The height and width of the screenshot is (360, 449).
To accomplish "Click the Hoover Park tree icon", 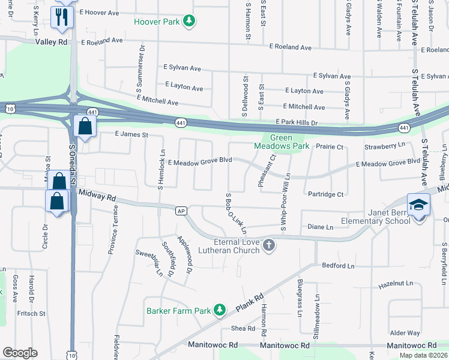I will pos(189,22).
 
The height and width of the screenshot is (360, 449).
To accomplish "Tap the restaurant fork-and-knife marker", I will pos(61,17).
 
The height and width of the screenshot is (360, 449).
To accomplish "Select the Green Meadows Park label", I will pos(282,142).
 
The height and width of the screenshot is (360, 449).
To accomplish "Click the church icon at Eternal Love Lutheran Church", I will pos(269,245).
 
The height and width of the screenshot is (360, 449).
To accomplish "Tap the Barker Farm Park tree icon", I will pos(220,309).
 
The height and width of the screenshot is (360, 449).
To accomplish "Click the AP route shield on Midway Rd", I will pos(180,211).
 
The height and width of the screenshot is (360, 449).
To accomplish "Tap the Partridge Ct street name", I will pos(324,194).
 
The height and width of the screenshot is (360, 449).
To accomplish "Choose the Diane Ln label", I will pos(320,227).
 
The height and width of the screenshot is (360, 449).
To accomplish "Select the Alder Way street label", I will pos(405,332).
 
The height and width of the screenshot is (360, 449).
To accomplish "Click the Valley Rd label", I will pos(52,42).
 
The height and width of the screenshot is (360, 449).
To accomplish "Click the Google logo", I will pos(20,352).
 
